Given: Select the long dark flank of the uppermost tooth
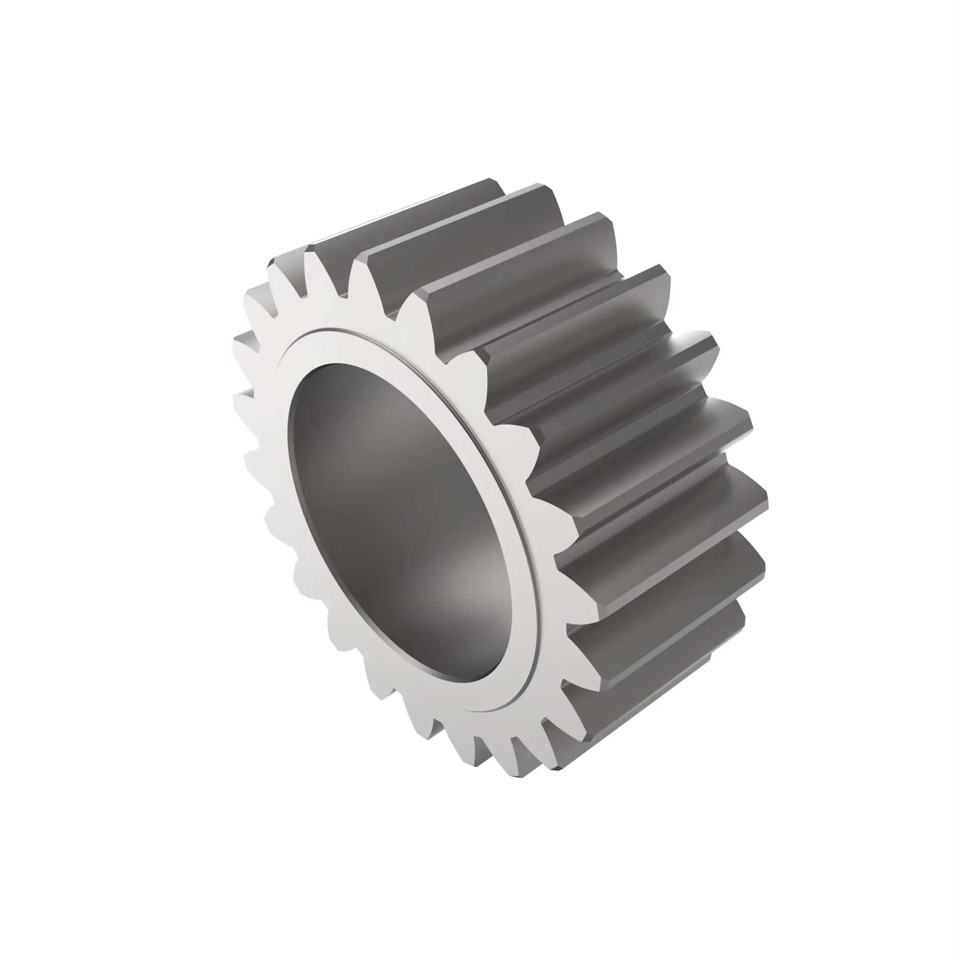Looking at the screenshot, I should (x=407, y=218).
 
